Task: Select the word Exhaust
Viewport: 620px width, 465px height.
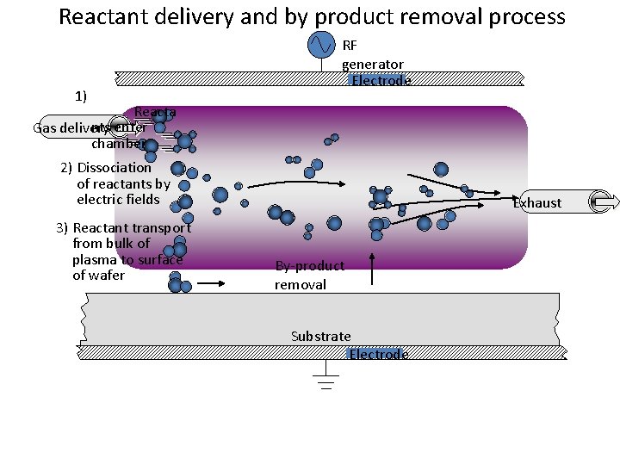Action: [x=536, y=203]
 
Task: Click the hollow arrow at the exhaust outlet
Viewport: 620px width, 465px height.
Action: [x=603, y=201]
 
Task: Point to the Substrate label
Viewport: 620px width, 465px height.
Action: [x=320, y=336]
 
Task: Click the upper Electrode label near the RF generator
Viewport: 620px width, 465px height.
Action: [x=381, y=81]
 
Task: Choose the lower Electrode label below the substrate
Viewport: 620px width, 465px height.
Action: [x=378, y=354]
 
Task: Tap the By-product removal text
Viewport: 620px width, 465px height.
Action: [x=309, y=275]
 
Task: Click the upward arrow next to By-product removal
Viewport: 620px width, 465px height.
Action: [x=372, y=268]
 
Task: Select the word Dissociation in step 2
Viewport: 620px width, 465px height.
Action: [x=115, y=168]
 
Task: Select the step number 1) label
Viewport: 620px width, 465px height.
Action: [x=80, y=94]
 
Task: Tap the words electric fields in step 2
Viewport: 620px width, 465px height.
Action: [x=118, y=200]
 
